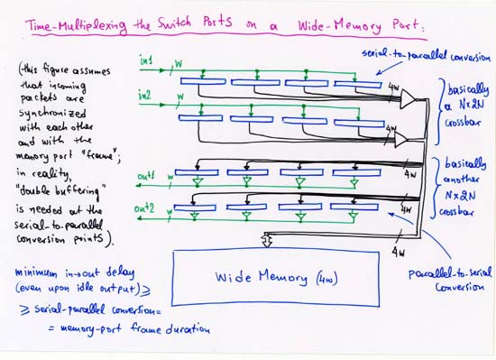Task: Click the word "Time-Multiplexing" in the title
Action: pos(72,27)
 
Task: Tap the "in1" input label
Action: pos(146,60)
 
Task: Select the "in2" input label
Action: pos(145,94)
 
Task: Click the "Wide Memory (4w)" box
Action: pos(275,278)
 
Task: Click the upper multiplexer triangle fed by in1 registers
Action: pos(409,97)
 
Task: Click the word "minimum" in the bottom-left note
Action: pos(34,271)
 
